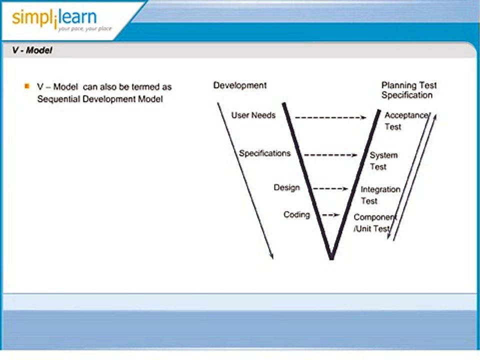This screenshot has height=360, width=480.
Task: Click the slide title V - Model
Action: pos(32,50)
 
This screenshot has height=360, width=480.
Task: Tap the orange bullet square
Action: pos(27,86)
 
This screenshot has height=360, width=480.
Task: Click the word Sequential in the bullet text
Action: pos(59,98)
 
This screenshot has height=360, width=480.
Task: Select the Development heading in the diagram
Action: pos(240,85)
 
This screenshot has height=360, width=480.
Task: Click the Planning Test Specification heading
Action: pos(408,90)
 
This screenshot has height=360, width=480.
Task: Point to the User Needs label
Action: pos(253,115)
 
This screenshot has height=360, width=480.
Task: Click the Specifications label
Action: pos(264,153)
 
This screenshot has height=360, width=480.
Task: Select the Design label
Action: pos(286,187)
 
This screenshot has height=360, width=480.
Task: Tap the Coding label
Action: pos(296,214)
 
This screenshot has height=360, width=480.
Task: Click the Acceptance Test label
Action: pos(405,121)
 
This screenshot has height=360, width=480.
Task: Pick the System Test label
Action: pos(382,161)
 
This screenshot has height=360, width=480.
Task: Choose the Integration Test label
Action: pos(380,195)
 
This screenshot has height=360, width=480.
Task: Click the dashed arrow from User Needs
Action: pos(330,117)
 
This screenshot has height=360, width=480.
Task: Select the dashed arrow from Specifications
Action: pos(330,155)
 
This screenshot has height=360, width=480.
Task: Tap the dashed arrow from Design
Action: pos(330,188)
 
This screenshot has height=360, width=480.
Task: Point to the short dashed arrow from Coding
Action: pos(330,215)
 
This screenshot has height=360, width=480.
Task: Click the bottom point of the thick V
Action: pos(331,257)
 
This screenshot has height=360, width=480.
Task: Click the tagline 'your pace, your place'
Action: pos(84,28)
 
